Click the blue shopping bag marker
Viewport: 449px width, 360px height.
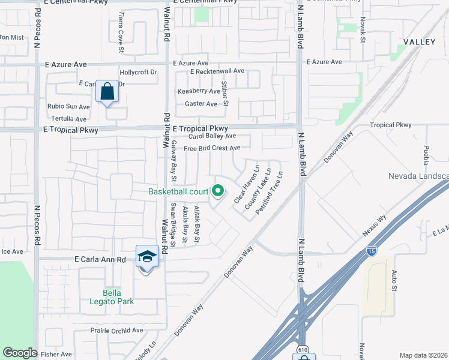[x=107, y=92]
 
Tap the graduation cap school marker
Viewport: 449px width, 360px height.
[x=147, y=257]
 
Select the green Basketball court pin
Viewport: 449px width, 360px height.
[x=218, y=191]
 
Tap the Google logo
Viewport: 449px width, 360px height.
[x=20, y=353]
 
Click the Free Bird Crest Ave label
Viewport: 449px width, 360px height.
[x=212, y=148]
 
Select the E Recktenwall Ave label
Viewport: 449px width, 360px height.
[x=217, y=71]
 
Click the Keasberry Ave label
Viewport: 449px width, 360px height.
[x=199, y=91]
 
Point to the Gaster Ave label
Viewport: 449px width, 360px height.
[x=201, y=104]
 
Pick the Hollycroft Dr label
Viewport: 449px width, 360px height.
[x=138, y=72]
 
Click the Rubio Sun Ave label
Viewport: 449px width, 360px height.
[x=68, y=107]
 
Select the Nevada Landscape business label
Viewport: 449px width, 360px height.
[x=418, y=176]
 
